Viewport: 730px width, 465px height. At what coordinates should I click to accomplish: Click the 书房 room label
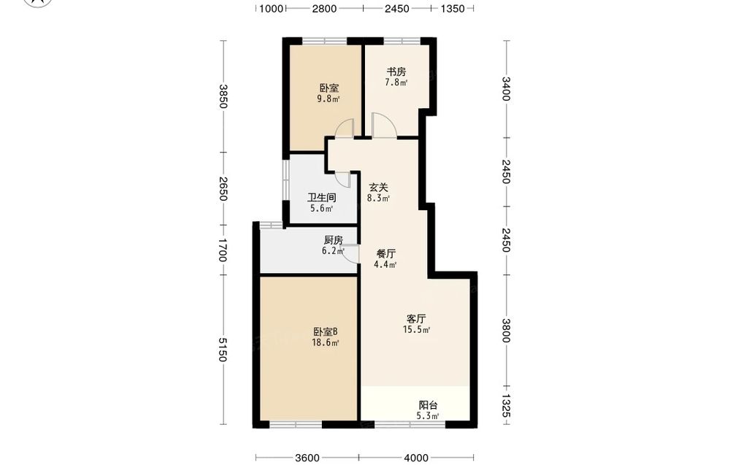(396, 72)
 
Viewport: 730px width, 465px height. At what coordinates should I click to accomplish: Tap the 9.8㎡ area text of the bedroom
(328, 99)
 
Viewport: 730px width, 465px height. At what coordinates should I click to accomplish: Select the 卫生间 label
(322, 197)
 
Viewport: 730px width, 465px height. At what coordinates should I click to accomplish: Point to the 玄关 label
(378, 187)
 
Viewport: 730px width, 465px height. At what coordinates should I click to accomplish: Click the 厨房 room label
(334, 240)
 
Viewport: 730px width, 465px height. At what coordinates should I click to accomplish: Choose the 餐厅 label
(386, 254)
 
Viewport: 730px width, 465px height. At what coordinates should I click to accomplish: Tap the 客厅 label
(416, 319)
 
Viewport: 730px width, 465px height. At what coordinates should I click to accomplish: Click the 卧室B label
(326, 332)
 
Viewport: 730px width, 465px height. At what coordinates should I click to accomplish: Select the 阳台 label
(428, 405)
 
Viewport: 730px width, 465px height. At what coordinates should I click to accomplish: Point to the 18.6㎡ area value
(326, 343)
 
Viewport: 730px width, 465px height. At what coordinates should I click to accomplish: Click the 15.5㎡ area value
(416, 330)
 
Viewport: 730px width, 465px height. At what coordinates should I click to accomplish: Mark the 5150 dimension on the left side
(223, 350)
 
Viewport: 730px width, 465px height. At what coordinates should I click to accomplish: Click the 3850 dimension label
(223, 96)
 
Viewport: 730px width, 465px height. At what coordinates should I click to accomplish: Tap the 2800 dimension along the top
(325, 8)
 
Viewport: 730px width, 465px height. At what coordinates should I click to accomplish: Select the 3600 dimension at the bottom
(307, 458)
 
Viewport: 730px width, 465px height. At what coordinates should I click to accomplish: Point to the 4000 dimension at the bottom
(416, 458)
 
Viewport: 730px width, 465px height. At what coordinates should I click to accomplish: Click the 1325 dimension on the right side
(507, 406)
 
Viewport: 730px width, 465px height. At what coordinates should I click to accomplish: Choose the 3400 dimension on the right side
(507, 88)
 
